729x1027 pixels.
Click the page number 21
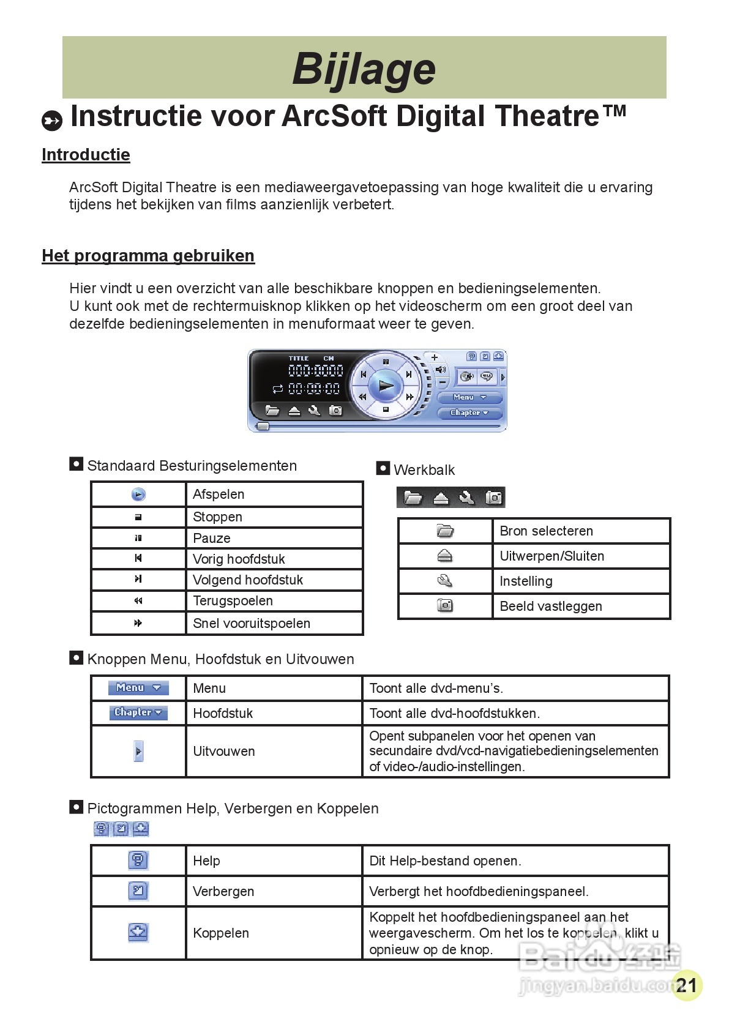687,985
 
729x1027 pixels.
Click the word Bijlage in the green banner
364,68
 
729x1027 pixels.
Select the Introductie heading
86,155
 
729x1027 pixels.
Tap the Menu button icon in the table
138,688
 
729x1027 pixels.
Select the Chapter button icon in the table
138,712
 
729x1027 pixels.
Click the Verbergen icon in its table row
138,891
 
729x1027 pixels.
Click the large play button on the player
386,386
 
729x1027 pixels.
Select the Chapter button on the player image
469,413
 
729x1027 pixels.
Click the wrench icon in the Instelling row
445,581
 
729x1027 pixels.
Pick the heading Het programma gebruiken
148,256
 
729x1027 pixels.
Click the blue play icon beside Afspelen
139,495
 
